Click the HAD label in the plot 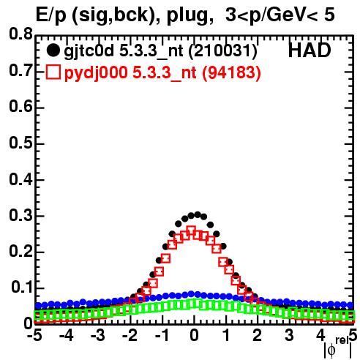pyautogui.click(x=310, y=50)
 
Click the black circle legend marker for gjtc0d pyautogui.click(x=53, y=50)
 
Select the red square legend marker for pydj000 pyautogui.click(x=53, y=72)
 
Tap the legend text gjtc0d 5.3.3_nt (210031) pyautogui.click(x=160, y=51)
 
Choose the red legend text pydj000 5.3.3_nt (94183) pyautogui.click(x=162, y=72)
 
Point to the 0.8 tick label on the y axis pyautogui.click(x=20, y=34)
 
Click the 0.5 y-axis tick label pyautogui.click(x=20, y=143)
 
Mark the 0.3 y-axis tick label pyautogui.click(x=20, y=215)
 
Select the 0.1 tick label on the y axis pyautogui.click(x=22, y=288)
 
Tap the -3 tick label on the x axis pyautogui.click(x=97, y=335)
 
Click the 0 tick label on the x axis pyautogui.click(x=194, y=335)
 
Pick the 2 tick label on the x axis pyautogui.click(x=257, y=335)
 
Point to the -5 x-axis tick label pyautogui.click(x=34, y=335)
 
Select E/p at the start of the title pyautogui.click(x=50, y=15)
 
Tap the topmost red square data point pyautogui.click(x=191, y=230)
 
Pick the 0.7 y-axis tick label pyautogui.click(x=20, y=70)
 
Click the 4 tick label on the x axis pyautogui.click(x=320, y=335)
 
